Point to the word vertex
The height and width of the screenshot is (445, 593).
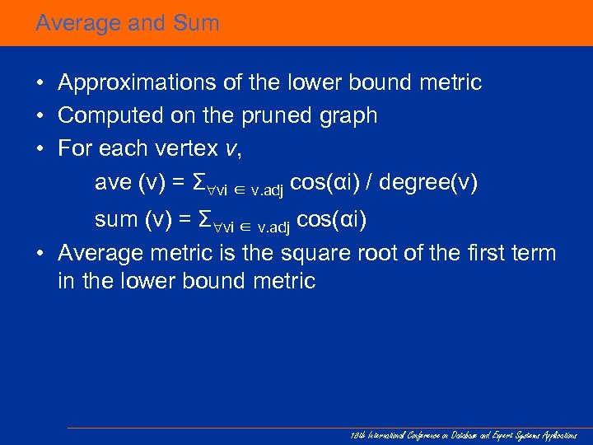coord(188,148)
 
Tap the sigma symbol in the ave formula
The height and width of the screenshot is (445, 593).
coord(197,182)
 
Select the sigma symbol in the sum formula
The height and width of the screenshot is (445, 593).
coord(206,220)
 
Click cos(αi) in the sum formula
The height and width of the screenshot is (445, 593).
coord(331,220)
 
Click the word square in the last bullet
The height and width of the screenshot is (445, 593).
coord(320,253)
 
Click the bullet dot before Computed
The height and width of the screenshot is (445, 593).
coord(40,116)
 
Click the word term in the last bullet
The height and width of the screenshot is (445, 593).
coord(535,253)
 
